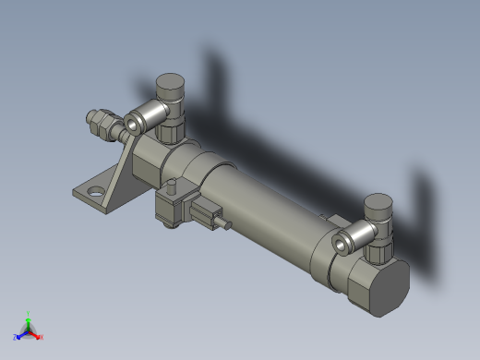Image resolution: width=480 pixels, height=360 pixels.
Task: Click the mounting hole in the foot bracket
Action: click(95, 193)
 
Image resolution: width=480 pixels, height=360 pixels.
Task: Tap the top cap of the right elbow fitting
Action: click(378, 201)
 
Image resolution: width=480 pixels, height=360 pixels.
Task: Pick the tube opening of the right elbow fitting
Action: click(339, 244)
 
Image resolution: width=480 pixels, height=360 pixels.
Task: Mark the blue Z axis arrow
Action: click(20, 335)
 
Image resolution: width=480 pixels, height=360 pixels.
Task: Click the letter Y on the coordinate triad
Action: click(29, 314)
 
